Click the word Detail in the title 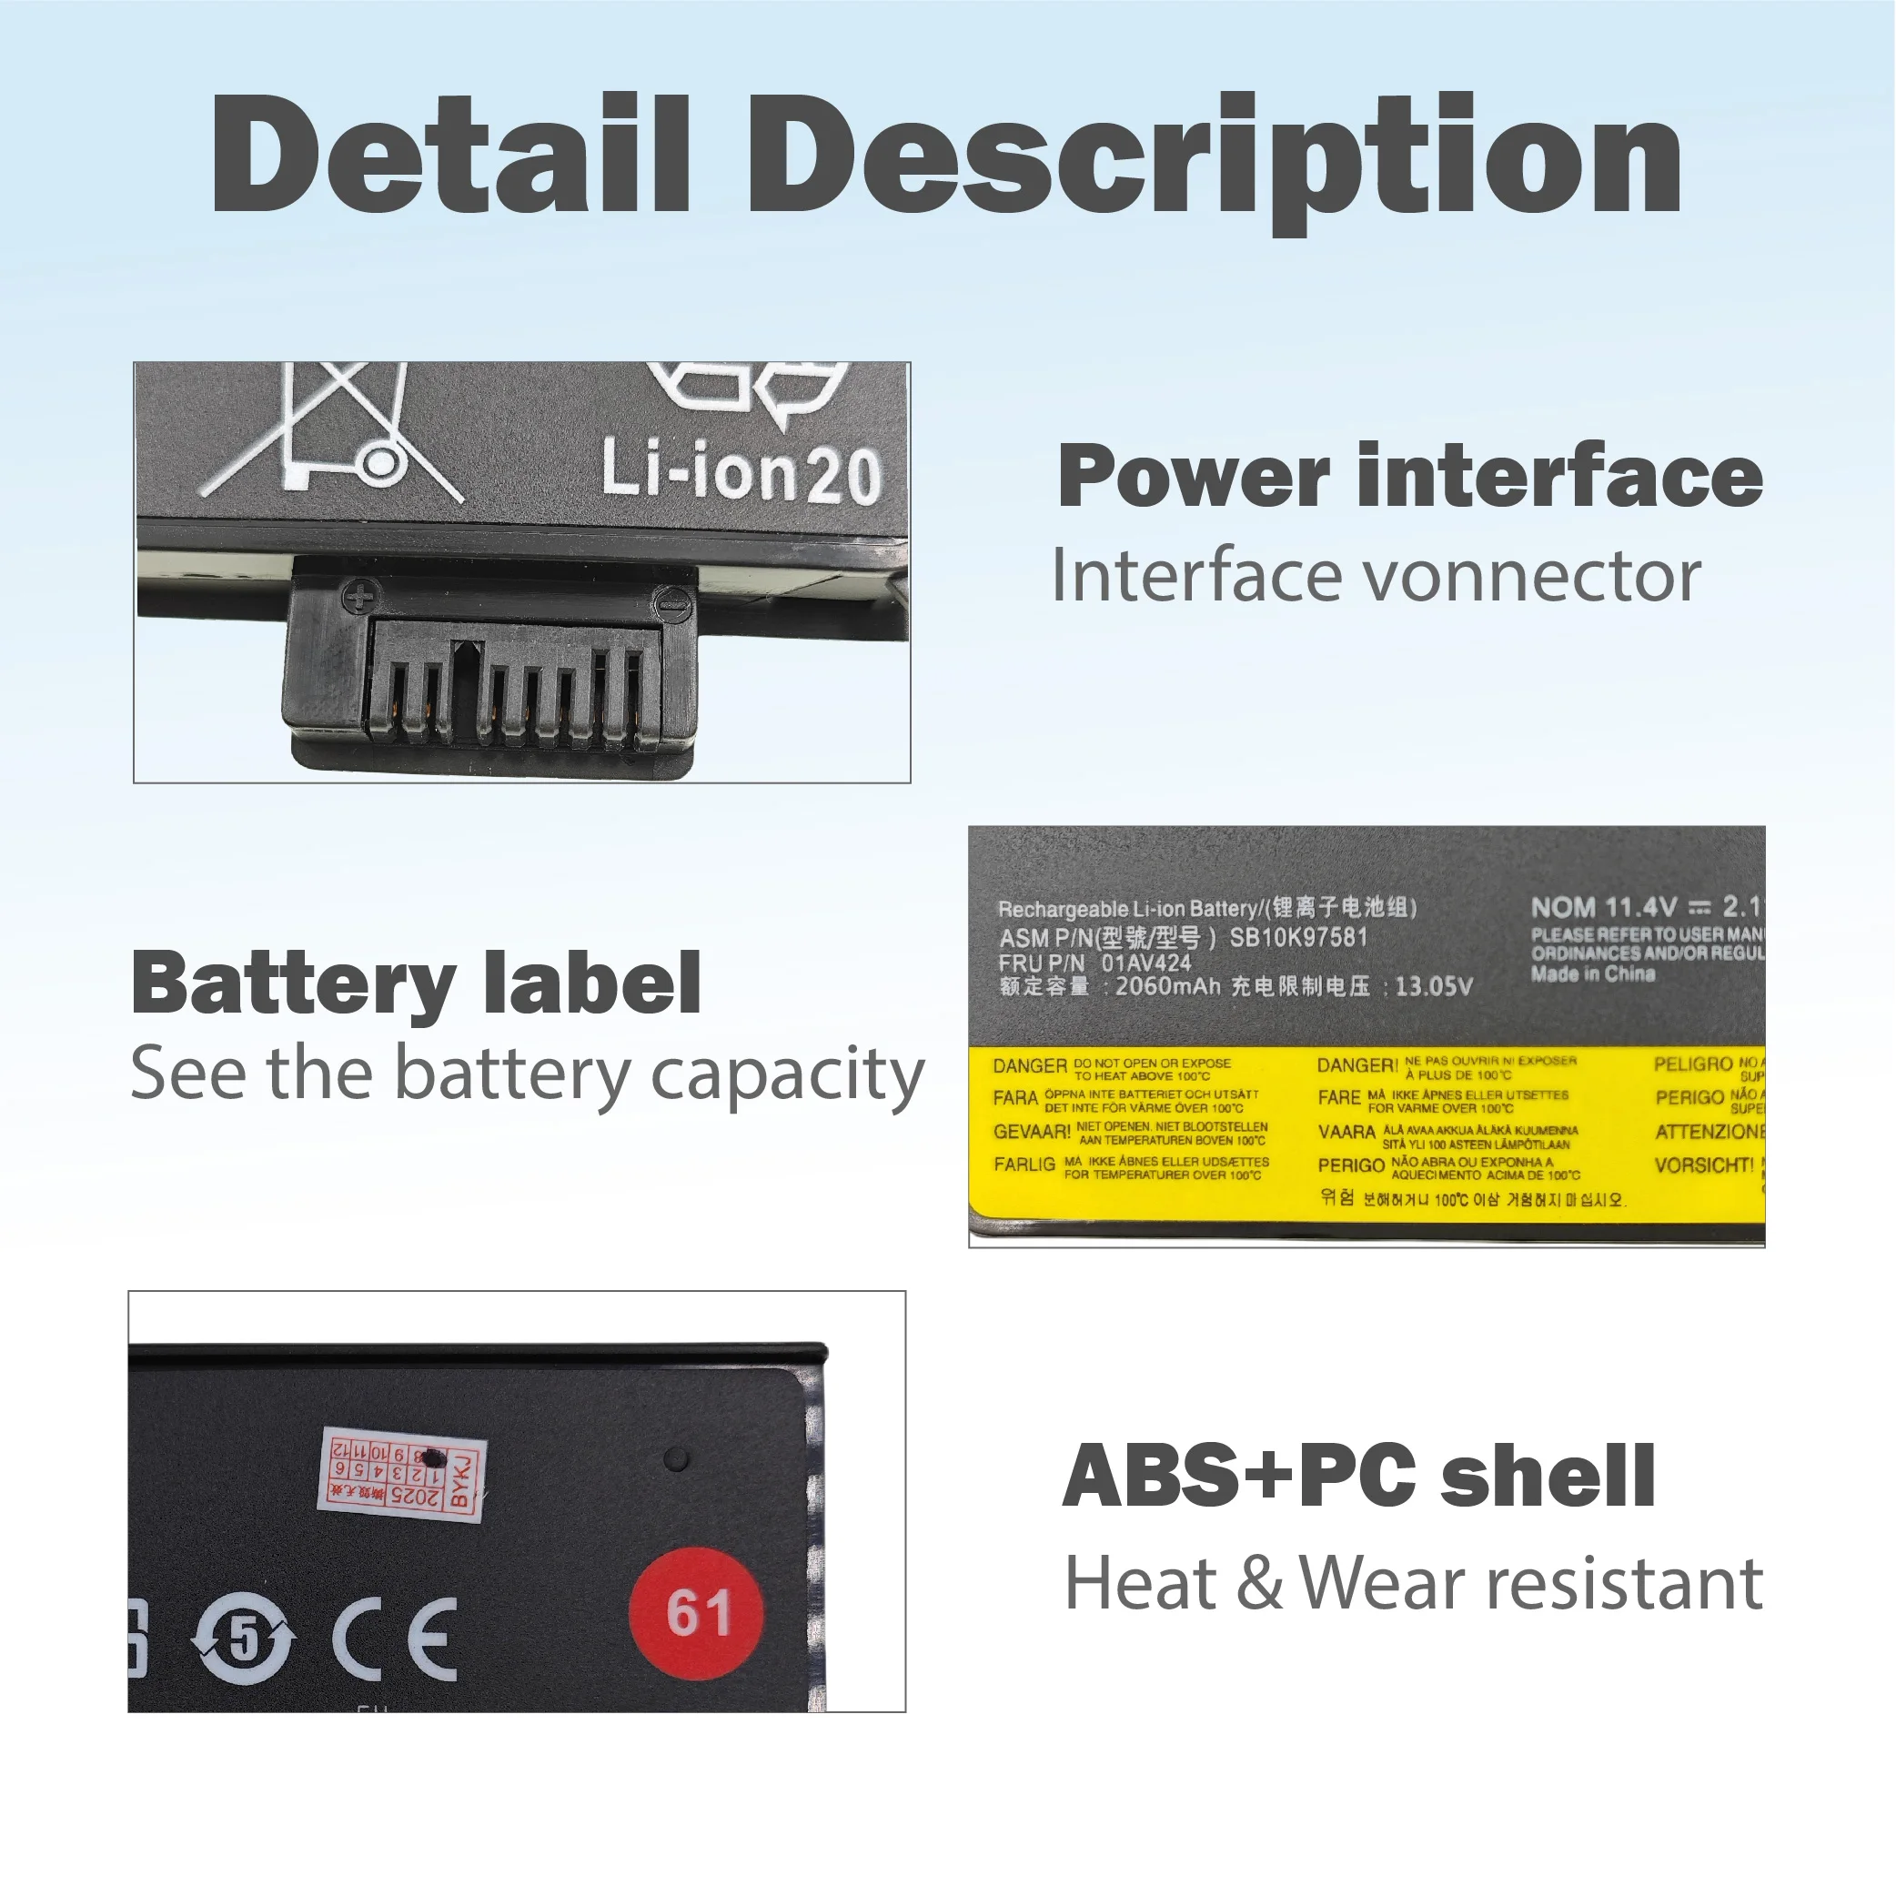tap(452, 155)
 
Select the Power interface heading tap(1410, 477)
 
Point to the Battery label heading tap(416, 983)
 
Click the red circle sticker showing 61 tap(698, 1612)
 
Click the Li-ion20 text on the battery tap(741, 472)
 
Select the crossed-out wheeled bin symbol tap(334, 433)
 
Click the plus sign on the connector tap(361, 595)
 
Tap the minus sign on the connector tap(673, 600)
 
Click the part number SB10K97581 tap(1297, 937)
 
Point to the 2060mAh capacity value tap(1167, 986)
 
